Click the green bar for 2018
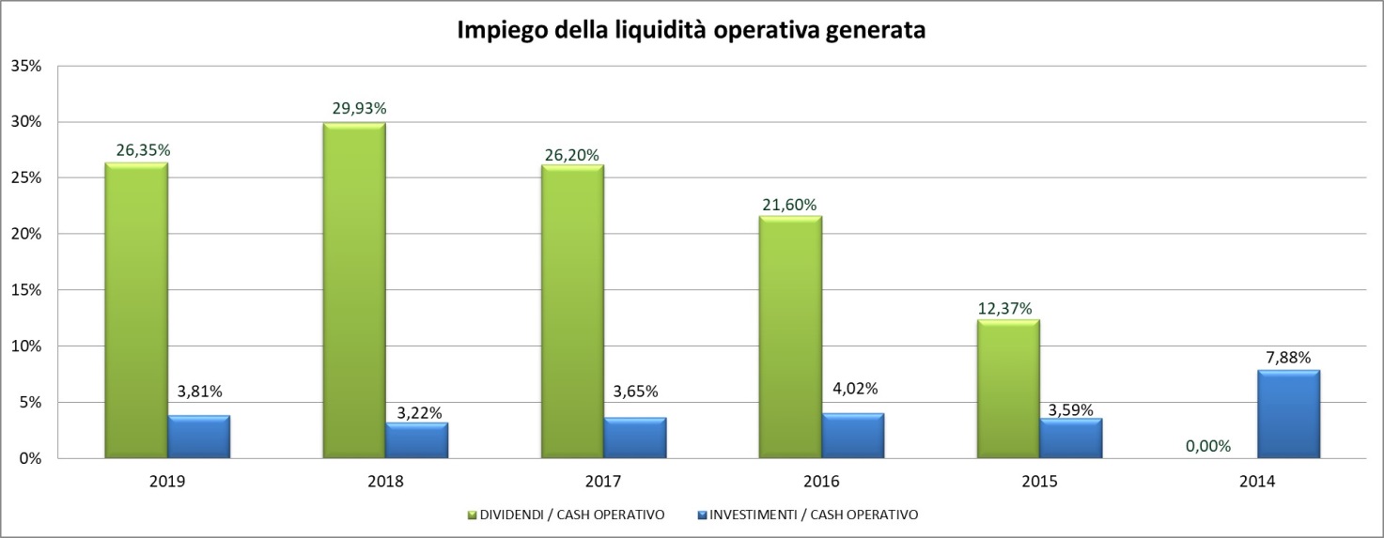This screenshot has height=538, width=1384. point(354,291)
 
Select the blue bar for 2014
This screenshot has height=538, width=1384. point(1288,414)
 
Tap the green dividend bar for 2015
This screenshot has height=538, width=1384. point(1008,390)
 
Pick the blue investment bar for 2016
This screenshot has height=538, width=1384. point(852,436)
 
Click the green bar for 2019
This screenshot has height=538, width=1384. point(136,311)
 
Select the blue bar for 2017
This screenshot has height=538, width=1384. point(634,438)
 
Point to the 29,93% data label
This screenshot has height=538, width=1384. point(359,108)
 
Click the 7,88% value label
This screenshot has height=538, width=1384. point(1287,357)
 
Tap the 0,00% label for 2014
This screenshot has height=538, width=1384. point(1207,446)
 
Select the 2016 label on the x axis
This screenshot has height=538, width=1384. point(821,482)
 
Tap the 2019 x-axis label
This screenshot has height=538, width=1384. point(167,482)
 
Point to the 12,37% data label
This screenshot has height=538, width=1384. point(1007,307)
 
